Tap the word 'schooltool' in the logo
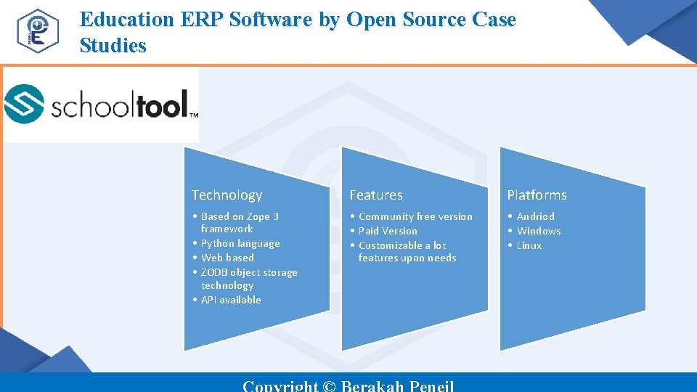click(x=121, y=106)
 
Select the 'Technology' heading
click(x=227, y=195)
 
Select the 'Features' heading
click(x=375, y=195)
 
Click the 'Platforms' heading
click(x=537, y=195)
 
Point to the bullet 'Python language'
click(x=240, y=243)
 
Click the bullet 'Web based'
click(x=227, y=258)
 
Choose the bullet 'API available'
click(x=231, y=300)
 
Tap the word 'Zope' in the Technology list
click(x=258, y=216)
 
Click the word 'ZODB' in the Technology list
click(x=214, y=272)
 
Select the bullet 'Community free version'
click(x=415, y=216)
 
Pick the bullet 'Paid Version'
click(x=388, y=231)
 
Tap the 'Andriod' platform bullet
click(x=535, y=216)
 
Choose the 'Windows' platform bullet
click(x=538, y=231)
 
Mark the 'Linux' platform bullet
click(x=529, y=245)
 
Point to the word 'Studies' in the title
click(x=113, y=45)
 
